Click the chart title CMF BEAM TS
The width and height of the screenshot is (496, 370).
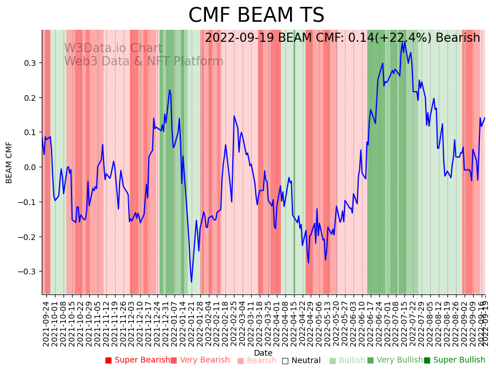tap(256, 15)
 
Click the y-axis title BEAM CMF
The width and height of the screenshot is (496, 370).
tap(9, 162)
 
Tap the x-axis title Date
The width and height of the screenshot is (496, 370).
tap(263, 353)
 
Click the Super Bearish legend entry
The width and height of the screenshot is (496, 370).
tap(137, 360)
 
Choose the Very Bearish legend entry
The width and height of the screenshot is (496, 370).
tap(200, 360)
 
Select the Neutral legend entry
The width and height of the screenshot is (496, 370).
tap(301, 361)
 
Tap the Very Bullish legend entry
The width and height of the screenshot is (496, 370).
tap(395, 360)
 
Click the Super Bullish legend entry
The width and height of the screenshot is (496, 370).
tap(454, 360)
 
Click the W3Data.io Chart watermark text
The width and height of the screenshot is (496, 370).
tap(113, 49)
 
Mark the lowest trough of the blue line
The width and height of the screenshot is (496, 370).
tap(192, 282)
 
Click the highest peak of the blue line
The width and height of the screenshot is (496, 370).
tap(405, 41)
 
